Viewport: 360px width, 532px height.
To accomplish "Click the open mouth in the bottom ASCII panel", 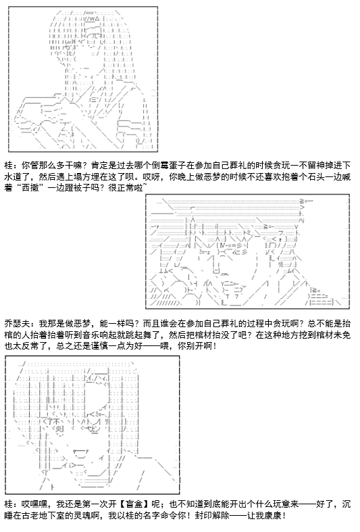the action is click(80, 452).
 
